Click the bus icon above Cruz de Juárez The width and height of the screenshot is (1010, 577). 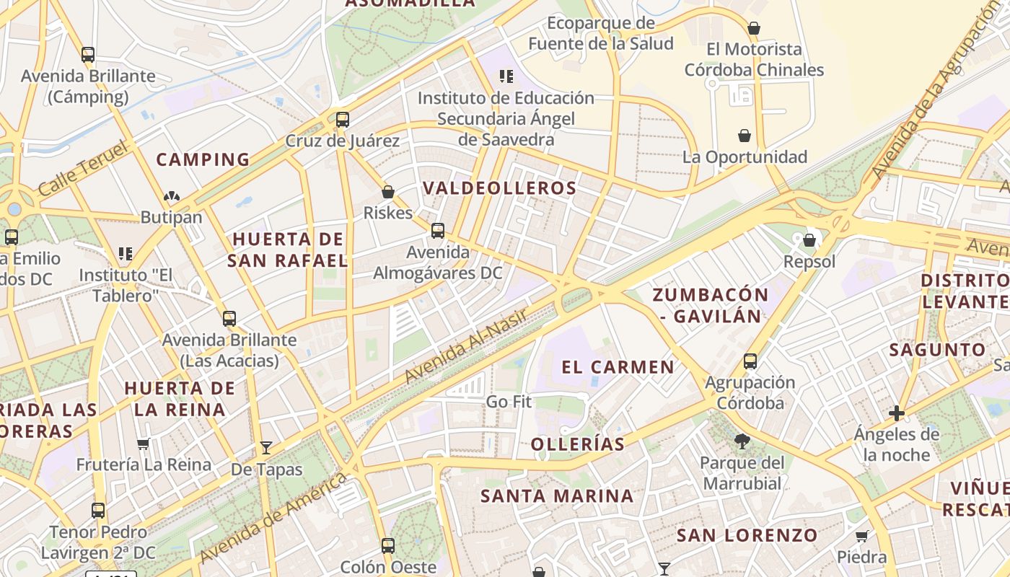point(343,119)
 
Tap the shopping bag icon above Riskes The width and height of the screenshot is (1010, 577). point(388,192)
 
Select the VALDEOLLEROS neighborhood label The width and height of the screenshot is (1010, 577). point(499,188)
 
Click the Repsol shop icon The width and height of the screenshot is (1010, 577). point(809,240)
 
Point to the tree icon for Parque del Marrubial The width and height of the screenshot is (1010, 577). point(742,441)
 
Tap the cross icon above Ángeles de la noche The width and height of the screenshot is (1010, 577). point(897,413)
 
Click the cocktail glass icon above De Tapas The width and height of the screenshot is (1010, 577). point(266,448)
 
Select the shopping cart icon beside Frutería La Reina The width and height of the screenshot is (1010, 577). point(144,444)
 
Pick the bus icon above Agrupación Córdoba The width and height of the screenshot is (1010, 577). point(750,361)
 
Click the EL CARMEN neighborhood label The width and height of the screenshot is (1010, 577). point(618,367)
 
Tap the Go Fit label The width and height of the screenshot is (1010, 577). point(509,401)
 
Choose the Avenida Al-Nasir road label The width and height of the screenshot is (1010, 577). point(466,345)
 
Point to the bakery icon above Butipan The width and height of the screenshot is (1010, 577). point(172,195)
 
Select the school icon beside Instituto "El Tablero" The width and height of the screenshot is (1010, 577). point(126,253)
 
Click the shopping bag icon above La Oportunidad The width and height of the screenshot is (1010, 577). point(745,136)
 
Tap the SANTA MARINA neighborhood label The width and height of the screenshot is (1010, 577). point(557,496)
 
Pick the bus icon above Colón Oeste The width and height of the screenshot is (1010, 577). point(388,545)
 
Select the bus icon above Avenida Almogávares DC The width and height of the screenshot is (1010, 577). point(438,231)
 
